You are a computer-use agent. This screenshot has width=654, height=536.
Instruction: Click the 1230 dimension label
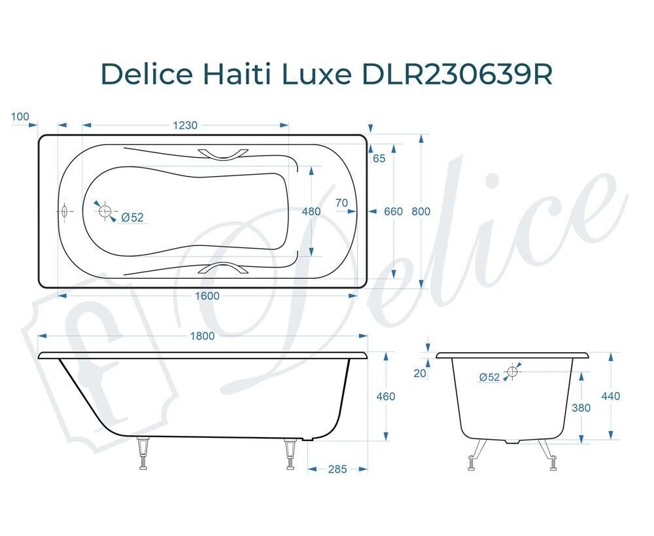tap(185, 125)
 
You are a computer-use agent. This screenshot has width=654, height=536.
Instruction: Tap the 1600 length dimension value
tap(207, 296)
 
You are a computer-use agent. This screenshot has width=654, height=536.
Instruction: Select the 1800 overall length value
tap(202, 336)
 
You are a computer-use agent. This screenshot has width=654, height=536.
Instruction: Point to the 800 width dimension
tap(421, 211)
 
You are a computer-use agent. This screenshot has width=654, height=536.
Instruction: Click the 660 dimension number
tap(393, 211)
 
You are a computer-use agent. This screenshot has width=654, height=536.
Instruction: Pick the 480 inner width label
tap(311, 211)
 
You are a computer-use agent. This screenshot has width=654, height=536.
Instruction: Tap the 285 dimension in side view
tap(337, 469)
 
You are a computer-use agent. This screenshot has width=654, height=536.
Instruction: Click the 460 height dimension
tap(385, 396)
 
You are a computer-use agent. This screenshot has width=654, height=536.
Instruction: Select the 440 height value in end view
tap(611, 396)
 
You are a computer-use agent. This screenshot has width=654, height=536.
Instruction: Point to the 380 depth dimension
tap(581, 408)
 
